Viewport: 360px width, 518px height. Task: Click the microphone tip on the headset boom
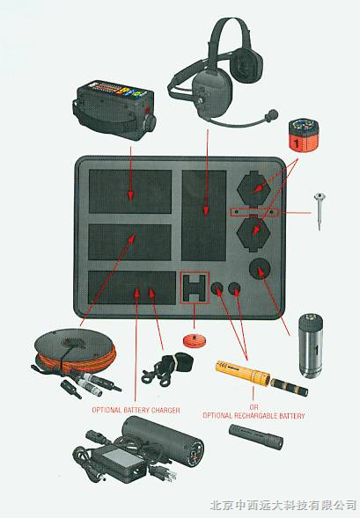tap(272, 114)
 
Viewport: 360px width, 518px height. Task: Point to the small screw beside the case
tap(320, 211)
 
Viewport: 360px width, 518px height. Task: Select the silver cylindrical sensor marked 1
tap(311, 345)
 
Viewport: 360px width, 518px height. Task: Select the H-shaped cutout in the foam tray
tap(195, 288)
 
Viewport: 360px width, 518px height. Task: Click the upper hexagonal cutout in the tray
tap(253, 188)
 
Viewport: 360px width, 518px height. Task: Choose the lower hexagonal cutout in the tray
tap(253, 232)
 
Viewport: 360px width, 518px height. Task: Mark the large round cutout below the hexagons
tap(260, 268)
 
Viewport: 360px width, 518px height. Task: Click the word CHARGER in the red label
tap(166, 410)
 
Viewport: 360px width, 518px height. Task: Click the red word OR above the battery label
tap(253, 407)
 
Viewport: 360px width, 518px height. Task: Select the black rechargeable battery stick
tap(256, 437)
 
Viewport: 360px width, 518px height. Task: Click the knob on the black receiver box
tap(151, 121)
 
